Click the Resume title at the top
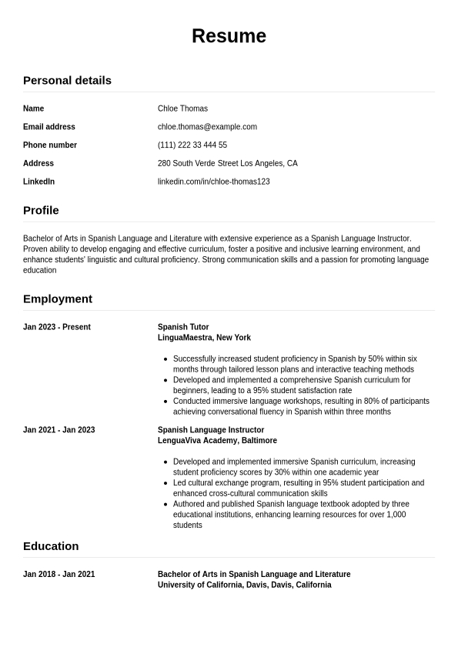tap(229, 36)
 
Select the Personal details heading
tap(67, 80)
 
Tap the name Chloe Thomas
tap(182, 108)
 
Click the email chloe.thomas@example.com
tap(207, 127)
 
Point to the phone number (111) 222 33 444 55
tap(192, 145)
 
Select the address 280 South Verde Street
tap(227, 164)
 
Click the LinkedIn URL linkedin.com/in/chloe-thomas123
tap(213, 182)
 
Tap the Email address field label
tap(49, 127)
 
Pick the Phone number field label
tap(50, 145)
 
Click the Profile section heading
tap(41, 210)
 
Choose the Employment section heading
tap(58, 298)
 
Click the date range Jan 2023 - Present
tap(57, 327)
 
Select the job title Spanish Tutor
tap(183, 327)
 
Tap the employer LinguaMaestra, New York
tap(204, 338)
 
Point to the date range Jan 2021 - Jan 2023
tap(59, 430)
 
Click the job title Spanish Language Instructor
tap(211, 430)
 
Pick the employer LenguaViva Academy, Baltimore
tap(217, 441)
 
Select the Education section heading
tap(51, 545)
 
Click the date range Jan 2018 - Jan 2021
tap(59, 574)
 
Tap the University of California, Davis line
tap(244, 585)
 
